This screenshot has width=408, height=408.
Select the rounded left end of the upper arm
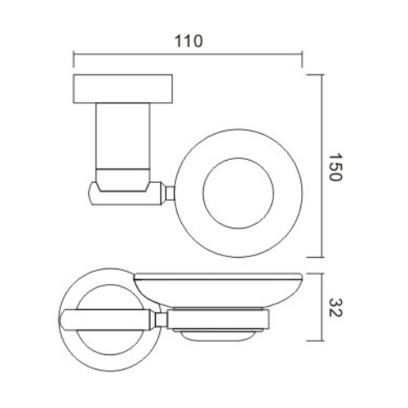click(93, 194)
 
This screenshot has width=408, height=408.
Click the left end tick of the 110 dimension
click(74, 55)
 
